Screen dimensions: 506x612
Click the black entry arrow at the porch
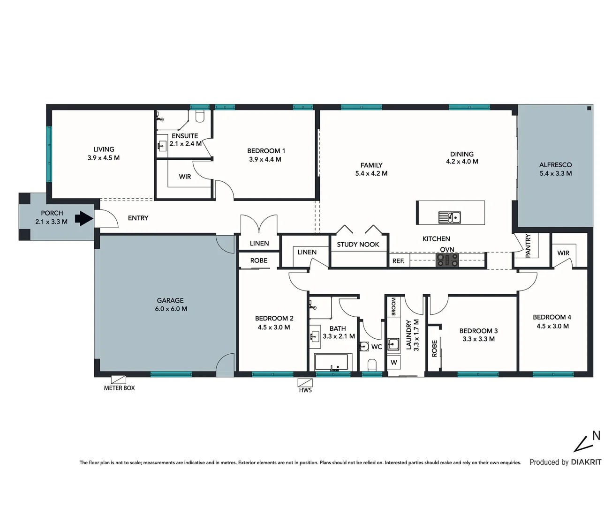coord(84,218)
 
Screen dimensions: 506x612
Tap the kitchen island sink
coord(450,217)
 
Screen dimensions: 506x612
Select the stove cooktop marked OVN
coord(447,260)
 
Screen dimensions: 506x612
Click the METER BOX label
coord(119,388)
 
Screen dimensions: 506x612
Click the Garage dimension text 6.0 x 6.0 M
coord(171,309)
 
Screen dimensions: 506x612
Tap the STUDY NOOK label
coord(358,244)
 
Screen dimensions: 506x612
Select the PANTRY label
coord(528,246)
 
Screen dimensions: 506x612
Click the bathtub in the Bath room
coord(331,363)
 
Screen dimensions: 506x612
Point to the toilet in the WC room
coord(372,365)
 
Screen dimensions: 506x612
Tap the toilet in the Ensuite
coord(200,116)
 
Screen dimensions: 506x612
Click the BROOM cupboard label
coord(393,306)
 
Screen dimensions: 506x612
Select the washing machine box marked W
coord(394,362)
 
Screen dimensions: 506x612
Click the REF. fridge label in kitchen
coord(398,260)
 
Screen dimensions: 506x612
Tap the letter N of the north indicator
coord(596,436)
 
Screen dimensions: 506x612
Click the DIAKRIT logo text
coord(586,462)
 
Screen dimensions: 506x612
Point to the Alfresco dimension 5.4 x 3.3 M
coord(555,173)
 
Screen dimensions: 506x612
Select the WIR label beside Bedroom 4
coord(563,253)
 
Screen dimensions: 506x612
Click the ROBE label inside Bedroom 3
coord(434,348)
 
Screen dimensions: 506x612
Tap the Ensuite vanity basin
coord(162,145)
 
